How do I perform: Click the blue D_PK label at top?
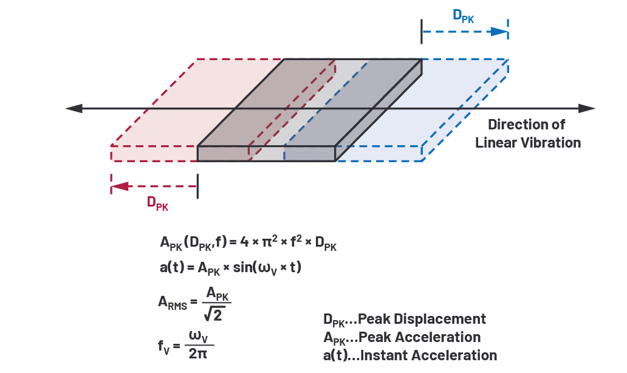point(464,16)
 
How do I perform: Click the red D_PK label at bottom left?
point(157,203)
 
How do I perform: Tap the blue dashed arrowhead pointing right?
point(499,32)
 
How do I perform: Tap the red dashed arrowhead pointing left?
point(120,187)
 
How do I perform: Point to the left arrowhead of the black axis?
point(74,108)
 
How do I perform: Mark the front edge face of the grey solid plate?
point(267,154)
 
